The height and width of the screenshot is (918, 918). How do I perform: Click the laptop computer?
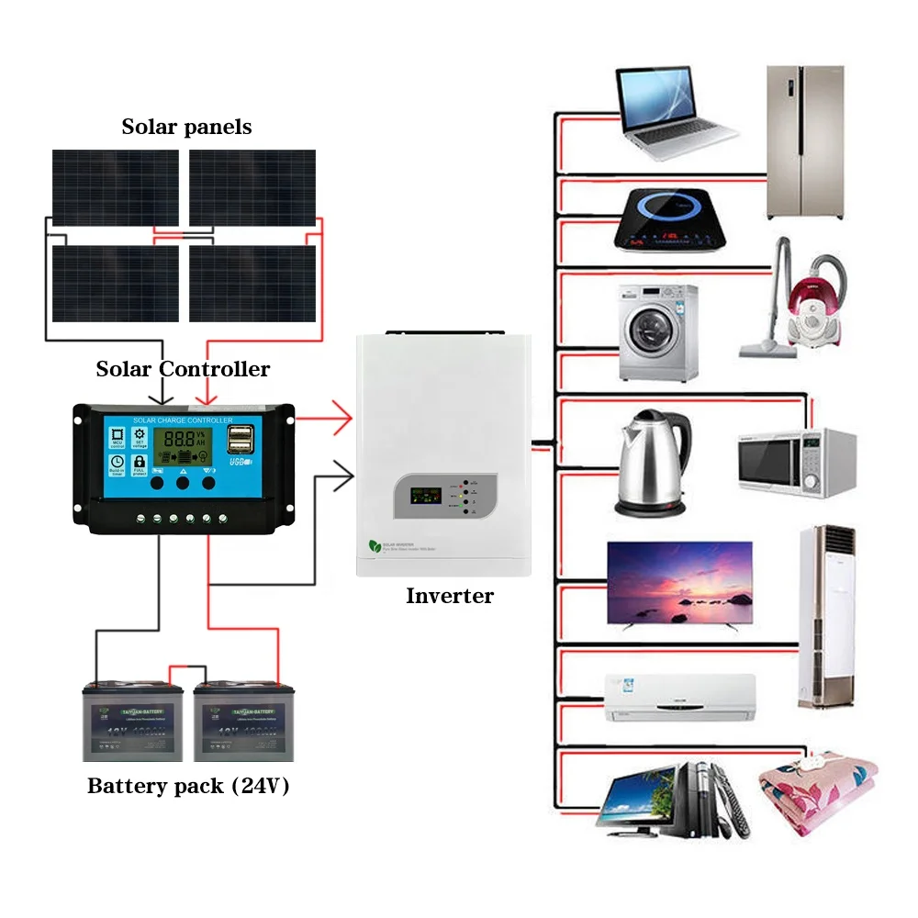tap(676, 109)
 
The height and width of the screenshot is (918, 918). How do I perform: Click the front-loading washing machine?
tap(657, 332)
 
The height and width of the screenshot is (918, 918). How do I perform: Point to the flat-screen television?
tap(679, 583)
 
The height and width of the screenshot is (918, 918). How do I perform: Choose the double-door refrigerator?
tap(805, 141)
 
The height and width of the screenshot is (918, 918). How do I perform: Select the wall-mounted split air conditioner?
tap(680, 697)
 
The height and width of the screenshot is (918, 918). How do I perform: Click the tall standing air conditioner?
tap(826, 617)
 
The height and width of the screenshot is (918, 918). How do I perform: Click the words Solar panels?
tap(186, 127)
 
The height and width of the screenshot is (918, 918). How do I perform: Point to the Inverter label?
tap(450, 596)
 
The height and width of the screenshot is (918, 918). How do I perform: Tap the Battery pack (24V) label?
tap(188, 786)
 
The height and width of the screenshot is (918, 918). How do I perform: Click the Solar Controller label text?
tap(183, 369)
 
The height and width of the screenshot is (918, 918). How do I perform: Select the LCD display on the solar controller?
tap(182, 447)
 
